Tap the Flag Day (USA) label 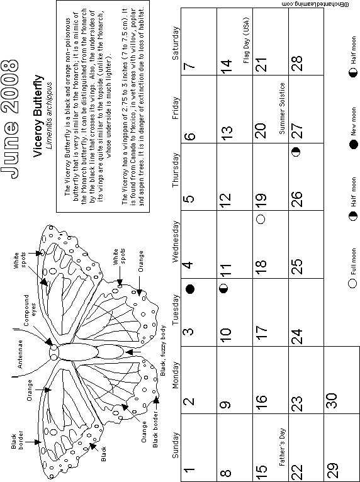point(246,40)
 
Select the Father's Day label point(283,447)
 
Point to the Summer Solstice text point(282,108)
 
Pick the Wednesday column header point(176,242)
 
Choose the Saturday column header point(175,43)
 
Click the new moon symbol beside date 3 point(190,289)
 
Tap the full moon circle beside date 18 point(261,219)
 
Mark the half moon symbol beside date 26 point(296,152)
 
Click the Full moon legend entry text point(354,262)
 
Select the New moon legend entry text point(354,121)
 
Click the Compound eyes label point(30,310)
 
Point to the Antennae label point(20,354)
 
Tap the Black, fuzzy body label point(163,350)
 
